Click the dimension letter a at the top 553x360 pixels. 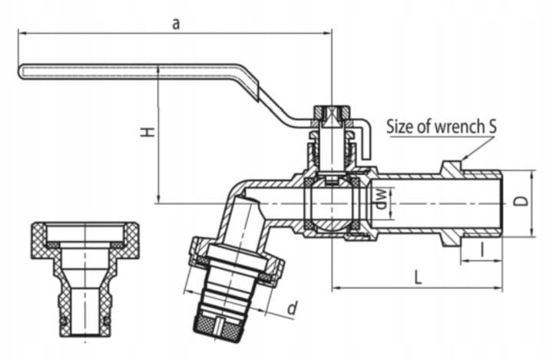tap(176, 24)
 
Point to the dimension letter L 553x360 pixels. tap(418, 277)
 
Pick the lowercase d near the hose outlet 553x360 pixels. tap(292, 308)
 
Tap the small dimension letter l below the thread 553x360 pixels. tap(482, 249)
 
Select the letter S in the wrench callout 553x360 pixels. tap(492, 126)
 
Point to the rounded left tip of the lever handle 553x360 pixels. tap(20, 71)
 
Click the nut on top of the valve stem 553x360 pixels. tap(332, 114)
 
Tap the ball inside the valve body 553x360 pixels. tap(332, 203)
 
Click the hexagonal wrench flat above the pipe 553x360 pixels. tap(452, 167)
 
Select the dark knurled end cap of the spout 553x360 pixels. tap(214, 322)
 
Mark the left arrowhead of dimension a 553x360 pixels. tap(22, 33)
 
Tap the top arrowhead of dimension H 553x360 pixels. tap(159, 70)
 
